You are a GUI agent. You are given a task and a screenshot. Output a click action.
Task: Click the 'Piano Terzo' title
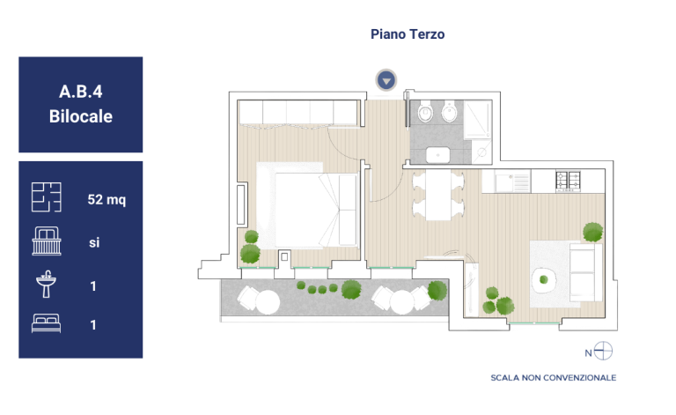tap(408, 34)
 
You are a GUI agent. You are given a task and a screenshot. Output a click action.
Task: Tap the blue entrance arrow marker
tap(386, 80)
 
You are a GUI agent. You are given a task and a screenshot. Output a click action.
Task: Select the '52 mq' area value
tap(107, 199)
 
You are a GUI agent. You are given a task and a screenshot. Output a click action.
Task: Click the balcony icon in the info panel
tap(47, 241)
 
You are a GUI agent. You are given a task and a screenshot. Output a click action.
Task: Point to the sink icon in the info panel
tap(46, 284)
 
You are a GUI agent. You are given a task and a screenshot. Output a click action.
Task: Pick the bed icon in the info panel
tap(46, 323)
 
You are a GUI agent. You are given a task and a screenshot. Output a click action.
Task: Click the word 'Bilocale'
tap(81, 116)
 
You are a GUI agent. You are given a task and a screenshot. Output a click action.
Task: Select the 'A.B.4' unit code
tap(81, 92)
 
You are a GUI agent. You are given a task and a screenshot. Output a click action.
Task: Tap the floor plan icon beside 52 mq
tap(46, 197)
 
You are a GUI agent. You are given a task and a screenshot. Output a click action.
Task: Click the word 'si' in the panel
tap(94, 242)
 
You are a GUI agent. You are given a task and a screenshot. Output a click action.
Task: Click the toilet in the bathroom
tap(425, 111)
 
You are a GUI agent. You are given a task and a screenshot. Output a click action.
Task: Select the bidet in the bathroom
tap(449, 111)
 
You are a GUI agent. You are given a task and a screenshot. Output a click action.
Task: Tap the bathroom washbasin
tap(437, 155)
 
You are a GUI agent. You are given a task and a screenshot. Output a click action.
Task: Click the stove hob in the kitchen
tap(569, 182)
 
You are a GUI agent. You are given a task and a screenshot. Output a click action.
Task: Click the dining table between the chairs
tap(438, 195)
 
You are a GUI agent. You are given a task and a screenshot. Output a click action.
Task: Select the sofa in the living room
tap(585, 271)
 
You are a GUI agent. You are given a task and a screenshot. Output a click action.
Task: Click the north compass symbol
tap(603, 351)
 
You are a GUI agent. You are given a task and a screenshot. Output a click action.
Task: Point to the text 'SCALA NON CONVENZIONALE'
tap(553, 378)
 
